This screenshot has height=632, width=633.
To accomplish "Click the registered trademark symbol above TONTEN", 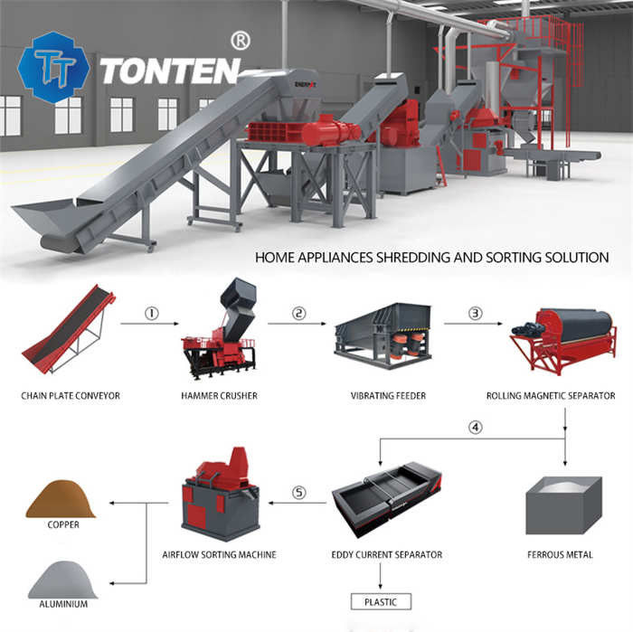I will pos(241,40).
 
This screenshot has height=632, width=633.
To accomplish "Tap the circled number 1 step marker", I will pos(152,314).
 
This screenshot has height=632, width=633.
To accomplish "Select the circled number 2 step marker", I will pos(298,314).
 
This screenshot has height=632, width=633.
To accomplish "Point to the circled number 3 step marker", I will pos(475,314).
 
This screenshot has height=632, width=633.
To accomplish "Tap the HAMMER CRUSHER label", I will pos(220,395).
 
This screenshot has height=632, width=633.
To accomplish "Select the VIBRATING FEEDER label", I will pos(390,395).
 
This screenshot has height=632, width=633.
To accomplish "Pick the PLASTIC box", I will pos(381,601).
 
